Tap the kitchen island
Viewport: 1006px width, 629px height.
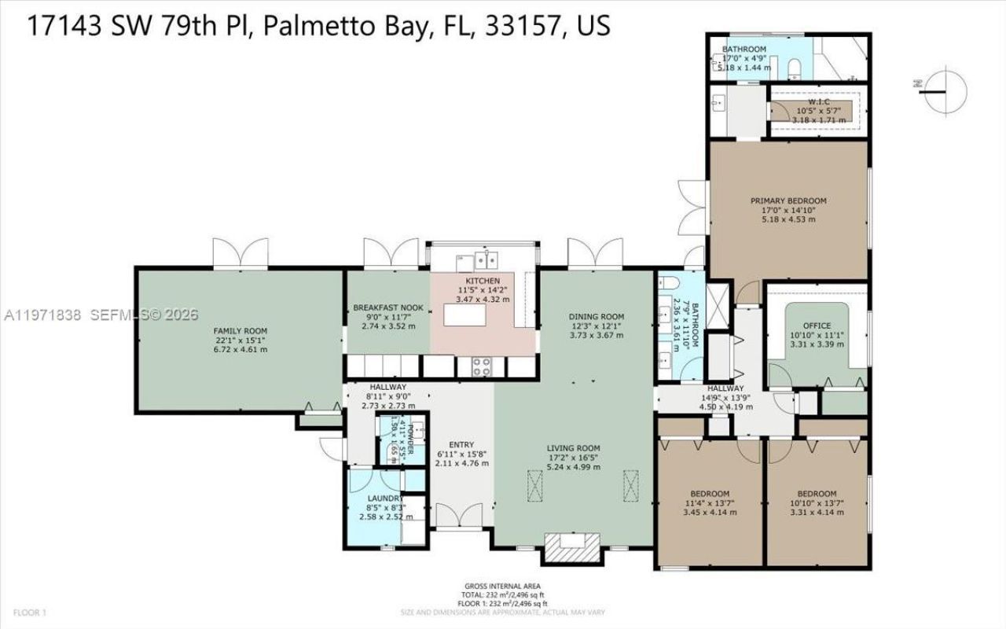click(470, 314)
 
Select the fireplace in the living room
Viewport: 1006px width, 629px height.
click(571, 547)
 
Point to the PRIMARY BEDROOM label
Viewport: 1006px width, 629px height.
click(788, 200)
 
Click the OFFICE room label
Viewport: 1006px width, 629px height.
click(817, 326)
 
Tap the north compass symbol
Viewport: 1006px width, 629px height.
click(943, 88)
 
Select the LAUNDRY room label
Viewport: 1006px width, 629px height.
click(385, 498)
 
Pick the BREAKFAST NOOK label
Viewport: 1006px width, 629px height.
click(388, 307)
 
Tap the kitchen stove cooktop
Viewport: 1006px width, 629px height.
click(480, 366)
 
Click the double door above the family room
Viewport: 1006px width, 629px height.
click(240, 253)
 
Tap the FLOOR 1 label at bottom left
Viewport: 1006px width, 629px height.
click(29, 612)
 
